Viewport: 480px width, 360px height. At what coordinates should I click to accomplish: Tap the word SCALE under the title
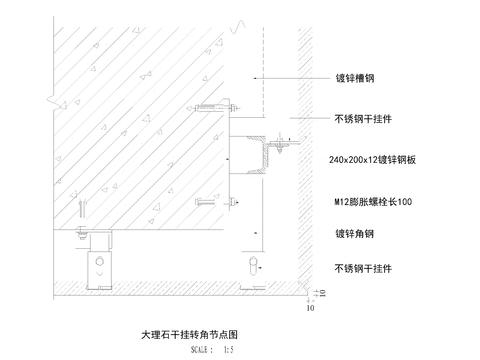201,350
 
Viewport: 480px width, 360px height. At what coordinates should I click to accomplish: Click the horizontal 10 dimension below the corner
310,309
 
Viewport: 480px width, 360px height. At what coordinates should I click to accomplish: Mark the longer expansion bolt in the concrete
218,107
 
